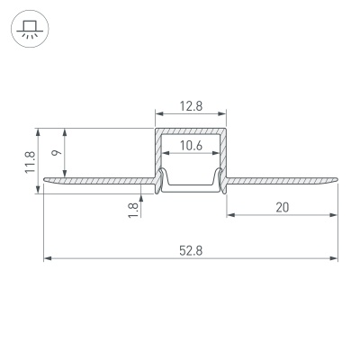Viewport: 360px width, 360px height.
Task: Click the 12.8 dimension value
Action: pos(190,105)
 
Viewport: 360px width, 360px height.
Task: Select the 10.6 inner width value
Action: pos(190,146)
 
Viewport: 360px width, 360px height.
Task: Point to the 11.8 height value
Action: pos(30,159)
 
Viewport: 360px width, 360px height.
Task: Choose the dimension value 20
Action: pos(282,207)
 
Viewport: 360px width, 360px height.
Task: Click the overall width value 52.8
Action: pos(190,249)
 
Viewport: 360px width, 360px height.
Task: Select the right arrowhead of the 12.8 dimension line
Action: pos(222,115)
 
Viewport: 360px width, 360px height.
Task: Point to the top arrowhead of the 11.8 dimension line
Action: pos(39,130)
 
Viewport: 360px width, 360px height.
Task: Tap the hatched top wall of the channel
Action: pos(190,130)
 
